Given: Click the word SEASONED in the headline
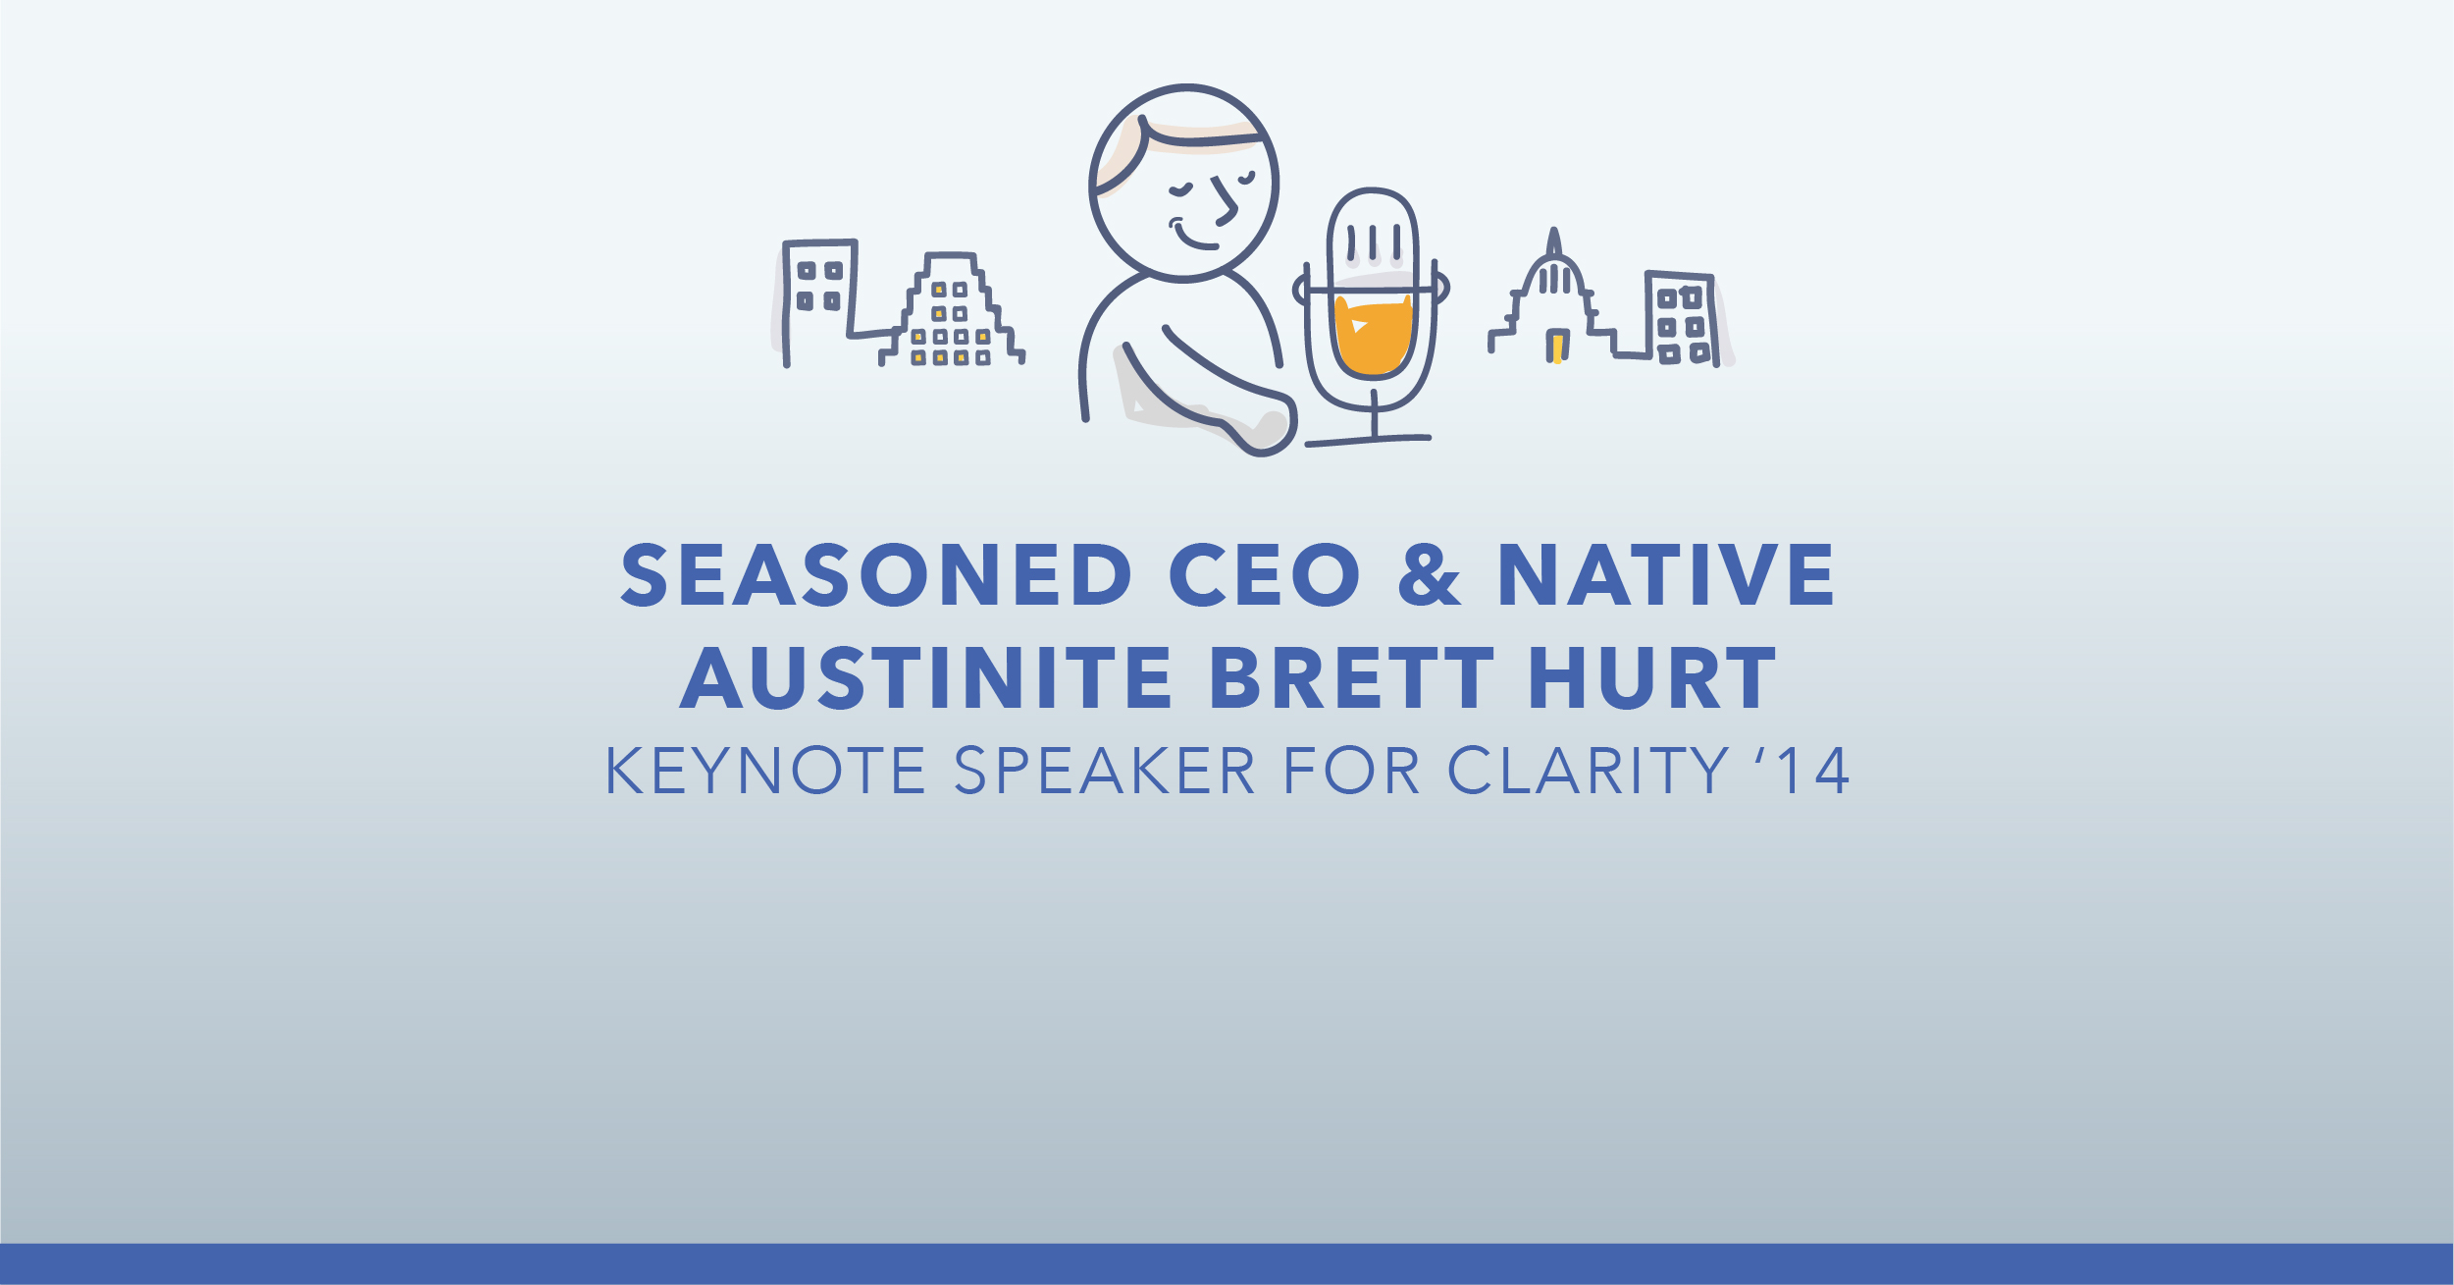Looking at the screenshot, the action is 876,575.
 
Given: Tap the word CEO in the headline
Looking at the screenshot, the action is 1265,575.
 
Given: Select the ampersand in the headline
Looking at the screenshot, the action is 1430,575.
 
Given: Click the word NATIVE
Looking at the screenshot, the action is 1666,575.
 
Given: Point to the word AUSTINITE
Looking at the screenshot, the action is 925,678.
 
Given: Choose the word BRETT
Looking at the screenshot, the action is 1352,678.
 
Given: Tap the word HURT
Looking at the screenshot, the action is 1652,678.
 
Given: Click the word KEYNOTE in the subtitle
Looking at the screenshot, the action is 765,771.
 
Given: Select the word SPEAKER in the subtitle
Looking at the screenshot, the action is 1104,771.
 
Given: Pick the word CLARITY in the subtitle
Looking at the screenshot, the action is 1589,771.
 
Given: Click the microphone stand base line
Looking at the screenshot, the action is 1368,441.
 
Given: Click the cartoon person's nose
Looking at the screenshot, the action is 1226,201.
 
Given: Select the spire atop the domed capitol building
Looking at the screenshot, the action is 1553,242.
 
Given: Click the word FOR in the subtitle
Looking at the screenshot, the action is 1351,771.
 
